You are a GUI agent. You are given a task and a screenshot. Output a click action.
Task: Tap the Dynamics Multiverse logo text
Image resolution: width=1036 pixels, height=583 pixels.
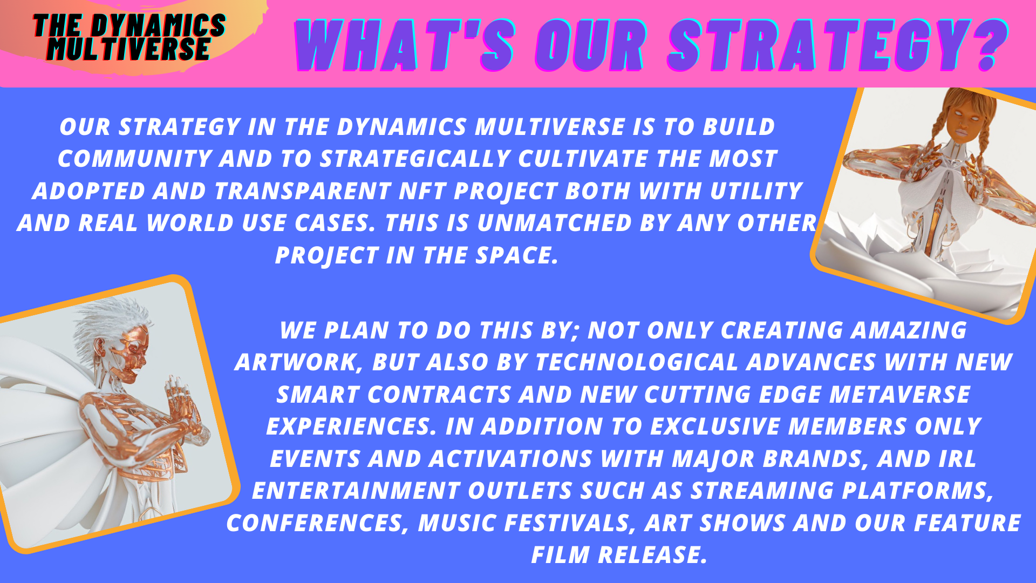point(129,37)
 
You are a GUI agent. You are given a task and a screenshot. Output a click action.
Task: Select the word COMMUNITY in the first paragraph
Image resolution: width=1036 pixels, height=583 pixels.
point(135,159)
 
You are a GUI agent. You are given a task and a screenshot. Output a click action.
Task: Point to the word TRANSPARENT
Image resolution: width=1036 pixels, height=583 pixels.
point(303,191)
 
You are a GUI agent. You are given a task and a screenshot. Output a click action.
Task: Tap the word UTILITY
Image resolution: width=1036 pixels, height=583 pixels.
point(756,191)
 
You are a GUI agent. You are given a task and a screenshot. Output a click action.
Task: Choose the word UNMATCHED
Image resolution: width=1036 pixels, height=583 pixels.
point(554,223)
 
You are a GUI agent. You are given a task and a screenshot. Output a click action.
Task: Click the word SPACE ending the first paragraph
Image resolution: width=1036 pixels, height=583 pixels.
point(516,255)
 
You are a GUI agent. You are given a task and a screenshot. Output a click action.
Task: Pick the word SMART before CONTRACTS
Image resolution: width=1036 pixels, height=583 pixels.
point(318,395)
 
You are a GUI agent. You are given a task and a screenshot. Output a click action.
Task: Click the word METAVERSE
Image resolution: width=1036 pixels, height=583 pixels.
point(899,395)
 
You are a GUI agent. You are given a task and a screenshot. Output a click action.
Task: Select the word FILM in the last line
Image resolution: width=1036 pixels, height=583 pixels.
point(560,555)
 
